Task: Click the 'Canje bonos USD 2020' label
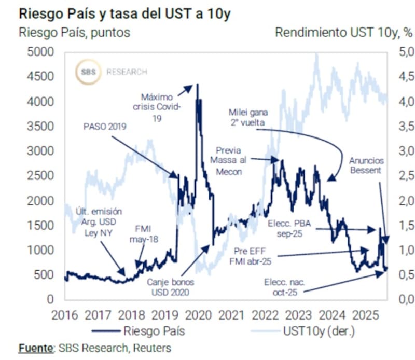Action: coord(167,286)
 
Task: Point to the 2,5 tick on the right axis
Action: coord(406,176)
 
